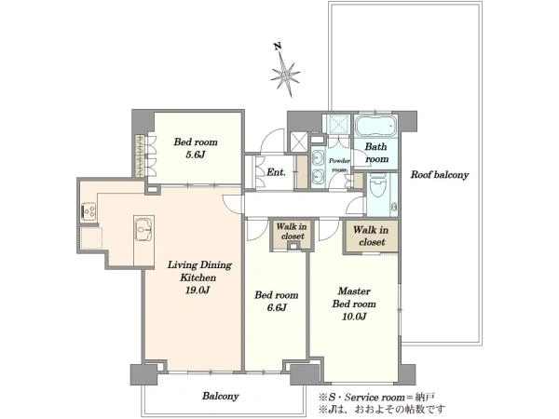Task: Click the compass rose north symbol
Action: click(x=285, y=75)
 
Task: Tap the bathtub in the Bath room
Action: click(x=375, y=126)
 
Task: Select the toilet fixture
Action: click(x=377, y=186)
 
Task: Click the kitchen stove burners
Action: click(x=89, y=210)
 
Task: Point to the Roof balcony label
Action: click(x=440, y=175)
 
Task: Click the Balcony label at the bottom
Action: click(x=220, y=396)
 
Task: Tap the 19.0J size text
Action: click(x=198, y=290)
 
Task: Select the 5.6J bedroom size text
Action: click(x=195, y=155)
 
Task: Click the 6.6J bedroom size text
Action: click(x=277, y=307)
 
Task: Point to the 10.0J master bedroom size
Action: click(x=354, y=317)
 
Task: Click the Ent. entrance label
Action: click(x=277, y=172)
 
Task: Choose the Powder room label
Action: click(x=339, y=166)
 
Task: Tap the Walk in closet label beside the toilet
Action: click(x=371, y=236)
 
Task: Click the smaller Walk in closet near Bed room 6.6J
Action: click(x=292, y=231)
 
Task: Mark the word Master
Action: click(x=354, y=291)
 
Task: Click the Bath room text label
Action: click(x=376, y=153)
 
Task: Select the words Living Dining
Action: click(x=199, y=265)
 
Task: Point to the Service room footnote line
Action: click(x=376, y=397)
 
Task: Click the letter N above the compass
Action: click(x=277, y=47)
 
